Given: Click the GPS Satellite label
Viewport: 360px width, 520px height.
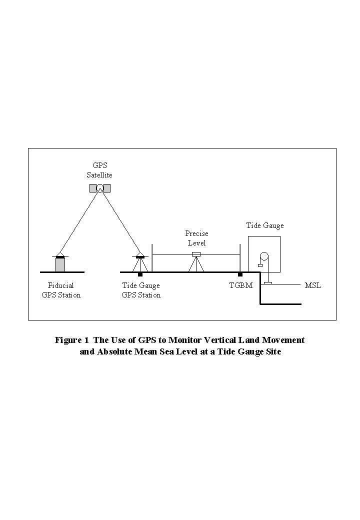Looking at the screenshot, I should (100, 170).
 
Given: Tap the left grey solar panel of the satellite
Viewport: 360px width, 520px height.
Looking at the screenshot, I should (93, 188).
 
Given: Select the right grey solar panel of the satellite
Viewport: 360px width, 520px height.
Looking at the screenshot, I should (107, 188).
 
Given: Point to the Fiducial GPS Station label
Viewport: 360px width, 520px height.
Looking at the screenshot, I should (61, 290).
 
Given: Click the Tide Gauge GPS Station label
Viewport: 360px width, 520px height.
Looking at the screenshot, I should (141, 290).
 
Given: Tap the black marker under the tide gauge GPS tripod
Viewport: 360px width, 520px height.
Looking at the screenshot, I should (140, 274).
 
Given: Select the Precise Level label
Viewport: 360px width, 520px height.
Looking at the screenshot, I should (196, 238).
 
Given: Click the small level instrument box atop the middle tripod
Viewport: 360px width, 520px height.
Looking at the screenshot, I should (196, 254).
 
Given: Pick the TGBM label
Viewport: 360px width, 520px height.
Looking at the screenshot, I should (240, 285).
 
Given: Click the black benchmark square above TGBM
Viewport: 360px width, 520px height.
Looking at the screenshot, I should (240, 274).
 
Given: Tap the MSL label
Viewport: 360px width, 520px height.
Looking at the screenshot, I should (312, 285).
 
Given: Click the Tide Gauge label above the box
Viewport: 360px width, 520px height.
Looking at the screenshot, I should (264, 225).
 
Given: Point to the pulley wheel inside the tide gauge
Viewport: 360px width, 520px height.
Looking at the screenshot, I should (263, 257).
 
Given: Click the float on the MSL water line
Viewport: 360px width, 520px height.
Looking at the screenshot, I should (268, 283).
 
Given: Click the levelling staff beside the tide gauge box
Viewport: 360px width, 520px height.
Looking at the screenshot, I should (240, 258).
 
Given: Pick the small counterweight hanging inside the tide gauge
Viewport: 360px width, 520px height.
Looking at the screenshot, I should (260, 265).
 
